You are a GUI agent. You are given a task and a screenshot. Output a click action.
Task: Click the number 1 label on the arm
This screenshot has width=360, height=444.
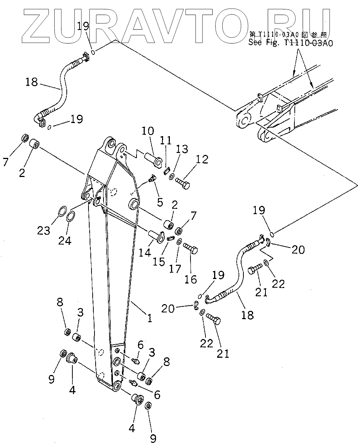click(x=149, y=318)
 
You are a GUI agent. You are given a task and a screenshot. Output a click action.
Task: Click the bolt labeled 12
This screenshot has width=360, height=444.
click(x=183, y=183)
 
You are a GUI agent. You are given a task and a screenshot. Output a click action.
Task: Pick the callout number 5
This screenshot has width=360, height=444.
click(x=160, y=202)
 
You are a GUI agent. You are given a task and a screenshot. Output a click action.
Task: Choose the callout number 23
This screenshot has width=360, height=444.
click(x=44, y=230)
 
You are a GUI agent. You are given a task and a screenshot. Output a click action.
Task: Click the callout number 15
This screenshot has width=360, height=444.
click(x=159, y=261)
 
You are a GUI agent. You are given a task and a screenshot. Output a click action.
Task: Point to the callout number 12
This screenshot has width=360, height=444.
click(x=202, y=159)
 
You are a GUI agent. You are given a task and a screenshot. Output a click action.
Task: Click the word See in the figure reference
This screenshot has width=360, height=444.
click(x=256, y=43)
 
